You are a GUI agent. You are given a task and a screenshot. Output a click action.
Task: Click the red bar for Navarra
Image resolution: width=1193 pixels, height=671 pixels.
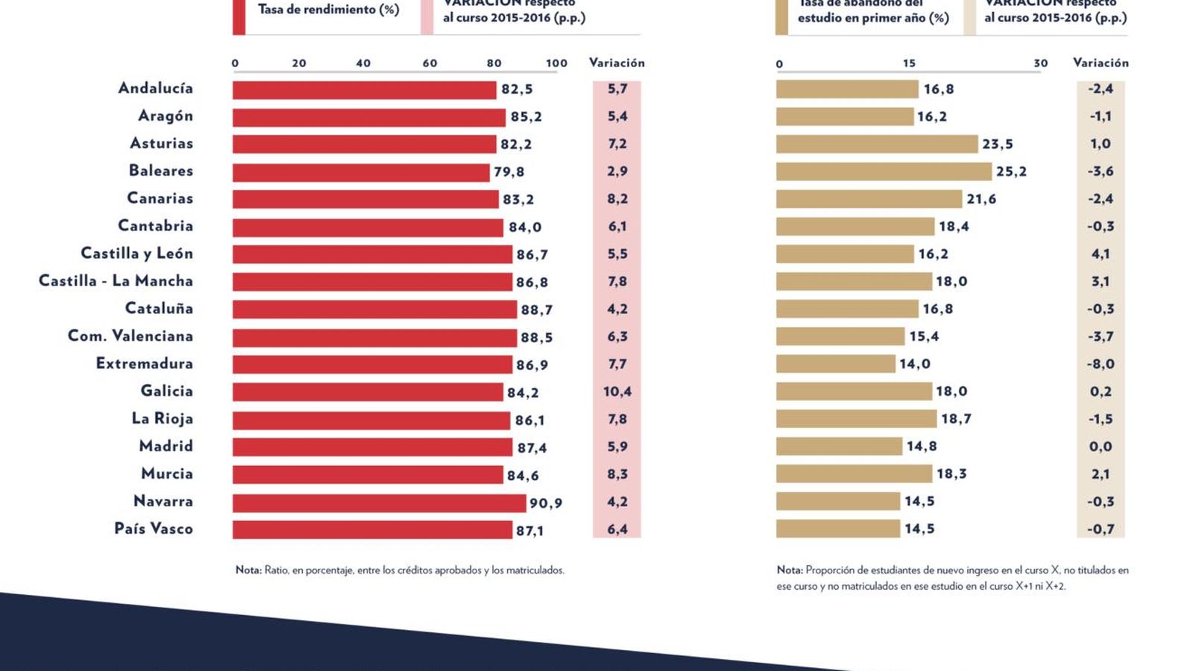click(x=379, y=503)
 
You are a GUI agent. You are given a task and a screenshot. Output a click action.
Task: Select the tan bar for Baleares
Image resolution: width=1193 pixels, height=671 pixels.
click(x=884, y=171)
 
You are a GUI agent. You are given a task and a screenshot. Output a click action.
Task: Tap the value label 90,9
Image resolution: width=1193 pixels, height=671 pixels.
click(x=546, y=503)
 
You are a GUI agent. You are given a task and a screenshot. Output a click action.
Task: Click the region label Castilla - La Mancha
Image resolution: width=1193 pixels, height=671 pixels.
click(x=116, y=281)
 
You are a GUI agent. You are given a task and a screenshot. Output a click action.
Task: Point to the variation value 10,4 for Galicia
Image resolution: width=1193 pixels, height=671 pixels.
click(x=617, y=391)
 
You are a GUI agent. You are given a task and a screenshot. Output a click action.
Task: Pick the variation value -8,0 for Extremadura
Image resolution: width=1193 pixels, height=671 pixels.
click(x=1101, y=364)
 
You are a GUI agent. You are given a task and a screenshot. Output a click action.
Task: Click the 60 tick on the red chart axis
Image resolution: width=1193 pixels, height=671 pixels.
click(x=430, y=63)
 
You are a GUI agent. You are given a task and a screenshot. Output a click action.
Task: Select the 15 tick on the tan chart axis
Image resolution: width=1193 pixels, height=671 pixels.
click(x=909, y=63)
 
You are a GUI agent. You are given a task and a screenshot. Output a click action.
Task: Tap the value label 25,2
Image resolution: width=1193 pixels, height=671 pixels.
click(x=1011, y=171)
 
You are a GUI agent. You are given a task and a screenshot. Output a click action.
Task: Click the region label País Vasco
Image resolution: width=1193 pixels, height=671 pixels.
click(x=153, y=529)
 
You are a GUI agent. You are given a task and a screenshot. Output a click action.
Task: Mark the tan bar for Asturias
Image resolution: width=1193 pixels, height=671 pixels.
click(x=876, y=144)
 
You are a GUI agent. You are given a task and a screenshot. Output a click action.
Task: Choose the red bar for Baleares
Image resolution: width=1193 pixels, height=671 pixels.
click(x=361, y=172)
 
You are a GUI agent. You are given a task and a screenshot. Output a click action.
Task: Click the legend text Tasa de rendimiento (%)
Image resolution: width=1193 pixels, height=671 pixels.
click(x=328, y=10)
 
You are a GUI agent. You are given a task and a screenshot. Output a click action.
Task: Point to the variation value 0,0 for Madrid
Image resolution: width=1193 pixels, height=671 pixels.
click(x=1101, y=447)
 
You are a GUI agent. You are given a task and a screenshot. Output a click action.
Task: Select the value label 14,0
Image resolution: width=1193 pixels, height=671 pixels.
click(x=914, y=364)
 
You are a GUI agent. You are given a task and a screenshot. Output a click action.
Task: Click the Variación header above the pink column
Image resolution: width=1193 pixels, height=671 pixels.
click(x=617, y=63)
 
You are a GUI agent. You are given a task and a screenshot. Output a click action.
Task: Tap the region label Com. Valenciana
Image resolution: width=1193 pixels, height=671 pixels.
click(x=130, y=336)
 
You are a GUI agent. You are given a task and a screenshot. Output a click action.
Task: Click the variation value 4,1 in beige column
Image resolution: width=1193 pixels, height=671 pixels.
click(x=1101, y=253)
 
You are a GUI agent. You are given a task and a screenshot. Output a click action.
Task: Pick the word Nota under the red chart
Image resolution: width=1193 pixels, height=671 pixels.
click(x=248, y=570)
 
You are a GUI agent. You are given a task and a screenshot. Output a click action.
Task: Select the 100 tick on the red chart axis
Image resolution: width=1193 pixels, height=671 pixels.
click(x=556, y=63)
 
